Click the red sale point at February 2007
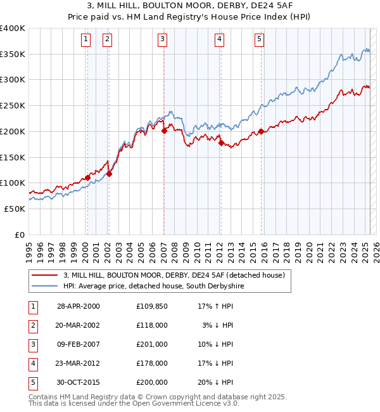pyautogui.click(x=164, y=131)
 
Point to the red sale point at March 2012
pyautogui.click(x=221, y=143)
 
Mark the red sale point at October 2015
pyautogui.click(x=261, y=132)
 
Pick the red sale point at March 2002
pyautogui.click(x=109, y=174)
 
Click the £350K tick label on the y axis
pyautogui.click(x=13, y=55)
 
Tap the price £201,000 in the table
pyautogui.click(x=151, y=344)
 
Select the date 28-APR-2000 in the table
pyautogui.click(x=79, y=306)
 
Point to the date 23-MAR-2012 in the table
pyautogui.click(x=79, y=363)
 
